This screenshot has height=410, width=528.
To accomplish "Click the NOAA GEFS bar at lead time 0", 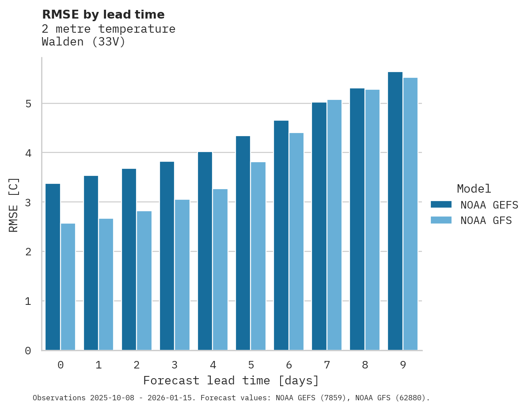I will tap(53, 267).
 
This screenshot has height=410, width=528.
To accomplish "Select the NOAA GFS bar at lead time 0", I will tap(68, 287).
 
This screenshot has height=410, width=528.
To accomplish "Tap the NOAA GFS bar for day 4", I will tap(220, 270).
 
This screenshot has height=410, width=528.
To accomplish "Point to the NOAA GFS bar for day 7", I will tap(334, 225).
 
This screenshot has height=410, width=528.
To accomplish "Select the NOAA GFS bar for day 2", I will tap(144, 281).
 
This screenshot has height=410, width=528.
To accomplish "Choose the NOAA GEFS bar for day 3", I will tap(167, 256).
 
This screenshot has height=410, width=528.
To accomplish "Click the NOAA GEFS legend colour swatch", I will tap(441, 205).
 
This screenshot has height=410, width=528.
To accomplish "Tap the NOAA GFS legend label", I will tap(486, 220).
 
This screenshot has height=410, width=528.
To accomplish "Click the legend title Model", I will tap(474, 189).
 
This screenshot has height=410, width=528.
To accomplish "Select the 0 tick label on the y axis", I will tap(28, 351).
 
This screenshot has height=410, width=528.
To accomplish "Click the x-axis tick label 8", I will tap(365, 365).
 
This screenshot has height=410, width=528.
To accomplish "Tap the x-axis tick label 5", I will tap(251, 365).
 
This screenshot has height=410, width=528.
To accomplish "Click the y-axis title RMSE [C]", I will tap(14, 205).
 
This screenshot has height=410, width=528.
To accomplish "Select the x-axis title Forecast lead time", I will tap(231, 380).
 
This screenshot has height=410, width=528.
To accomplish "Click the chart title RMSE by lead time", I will tap(103, 15).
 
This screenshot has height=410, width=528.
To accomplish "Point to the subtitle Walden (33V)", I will tap(84, 42).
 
